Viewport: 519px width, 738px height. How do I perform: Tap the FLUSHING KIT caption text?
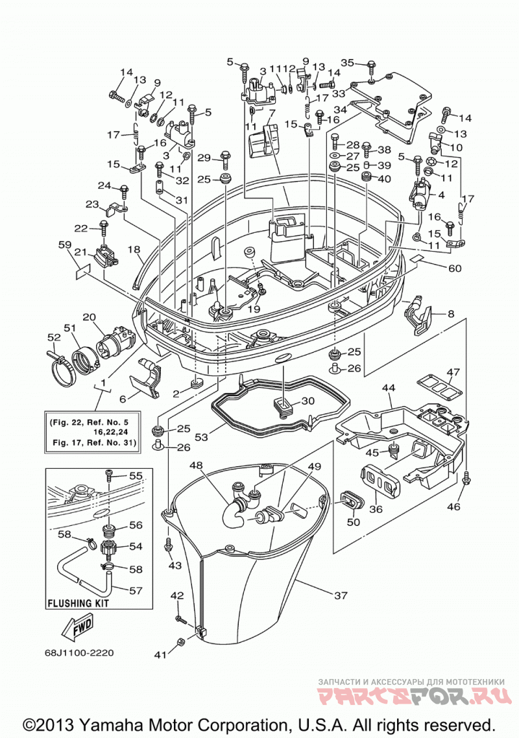(78, 603)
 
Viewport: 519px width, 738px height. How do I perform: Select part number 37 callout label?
(341, 595)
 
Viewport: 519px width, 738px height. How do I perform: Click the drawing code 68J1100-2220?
(79, 653)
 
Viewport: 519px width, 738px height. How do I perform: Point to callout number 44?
(389, 388)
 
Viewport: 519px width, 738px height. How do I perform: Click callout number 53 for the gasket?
(201, 437)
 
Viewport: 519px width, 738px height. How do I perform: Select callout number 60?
(455, 268)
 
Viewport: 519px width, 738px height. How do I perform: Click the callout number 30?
(308, 401)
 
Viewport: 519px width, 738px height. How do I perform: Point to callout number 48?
(197, 466)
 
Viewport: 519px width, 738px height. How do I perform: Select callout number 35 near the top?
(347, 62)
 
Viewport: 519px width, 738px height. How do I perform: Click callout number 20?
(89, 317)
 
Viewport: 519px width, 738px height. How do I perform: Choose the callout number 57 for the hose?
(136, 589)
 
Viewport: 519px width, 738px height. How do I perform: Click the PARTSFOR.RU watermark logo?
(415, 695)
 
